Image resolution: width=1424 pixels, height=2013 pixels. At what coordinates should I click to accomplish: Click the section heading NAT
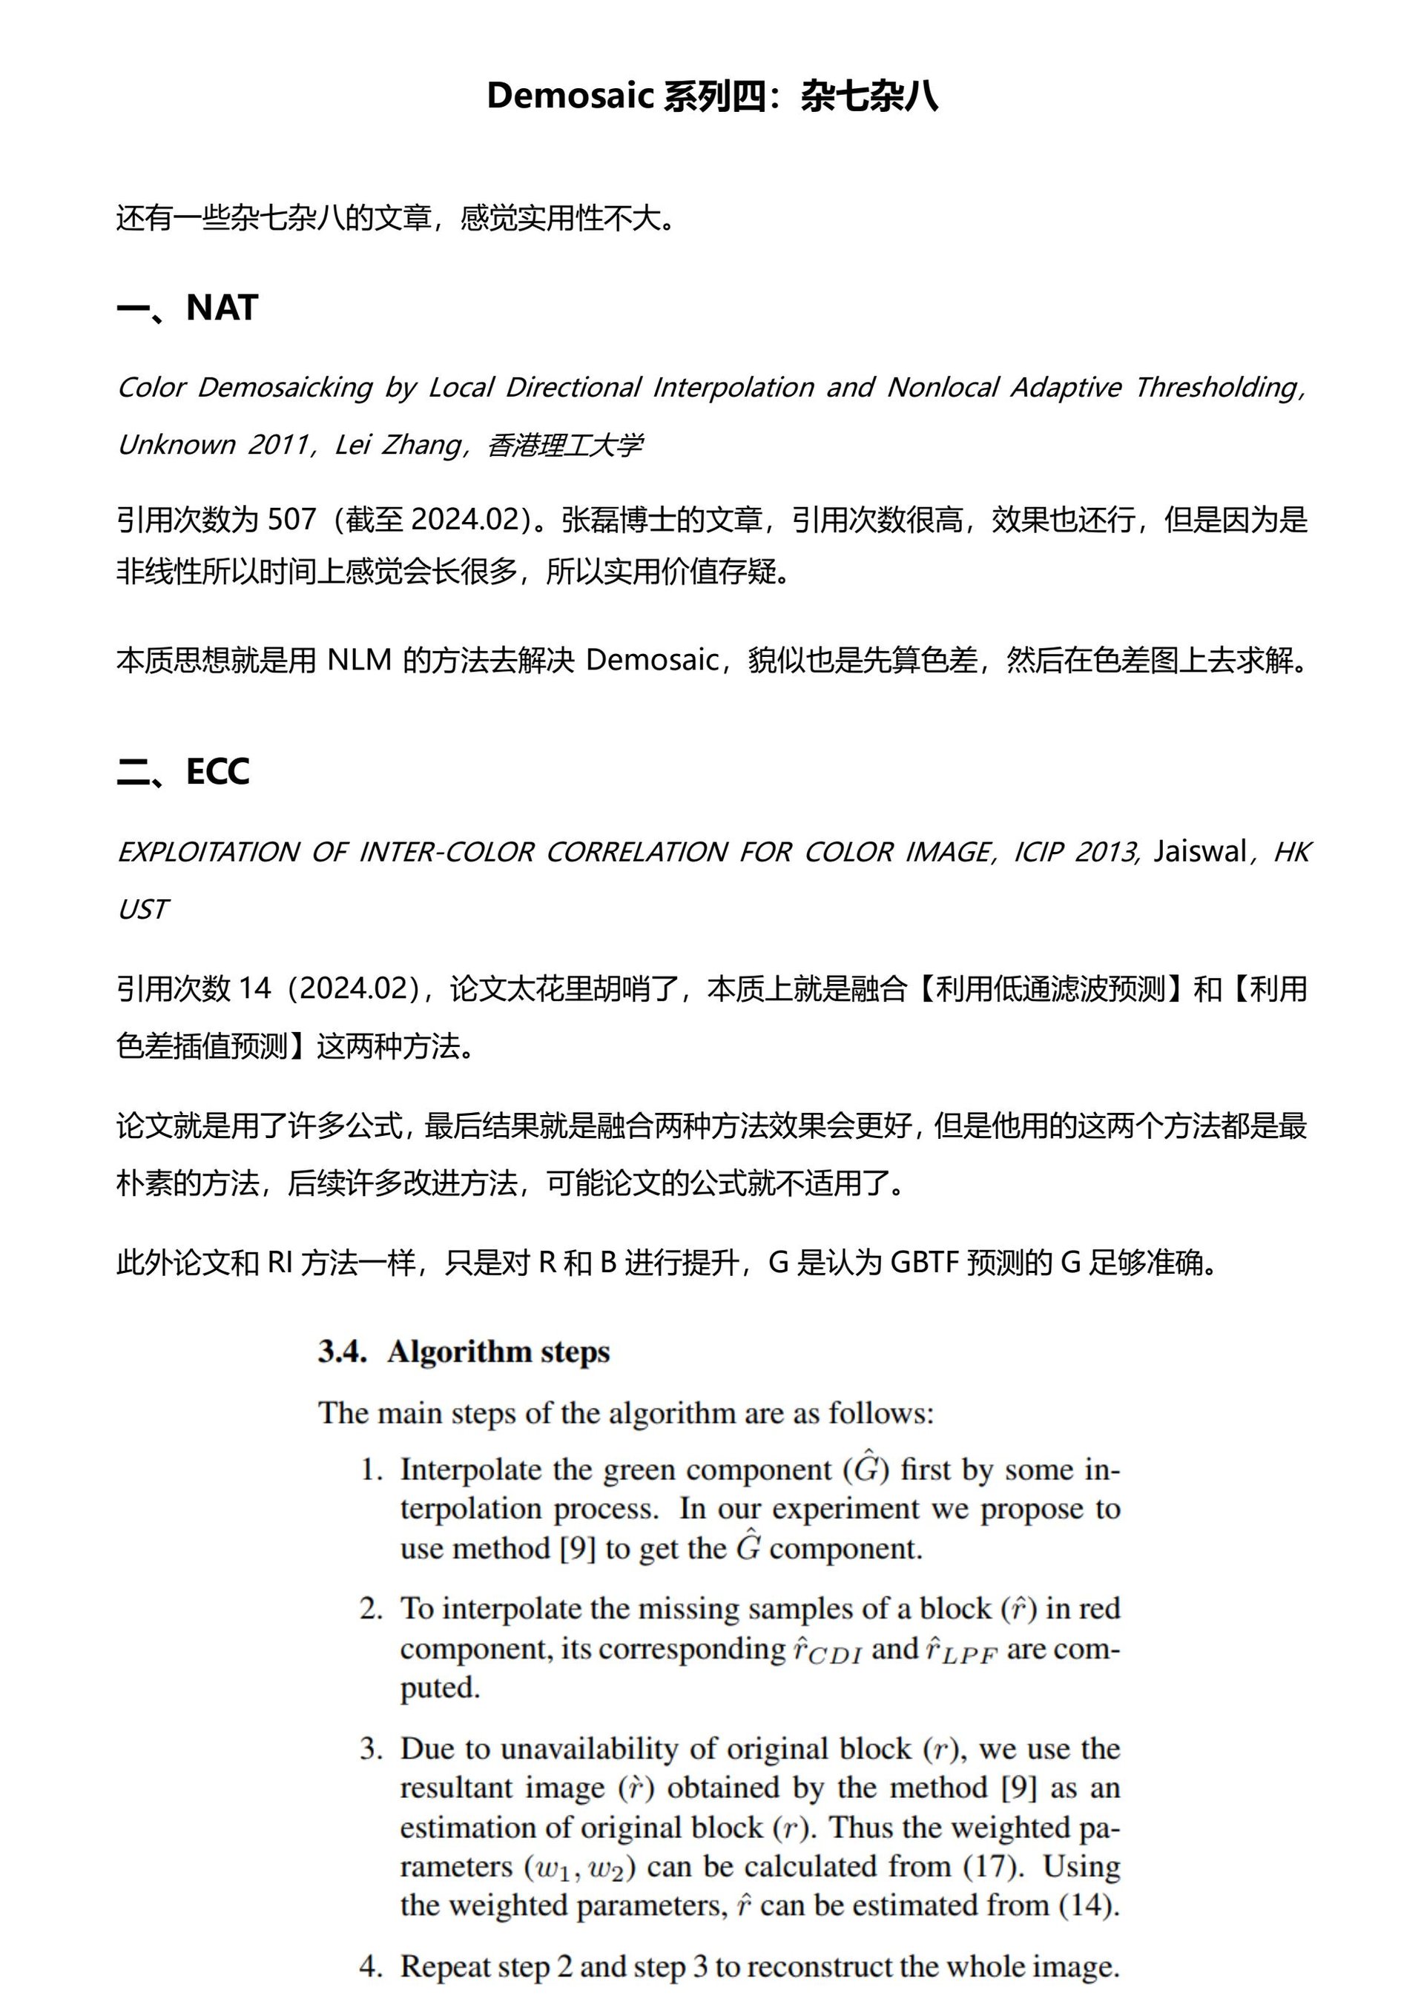point(222,308)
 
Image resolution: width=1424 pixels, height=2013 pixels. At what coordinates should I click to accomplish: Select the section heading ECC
point(217,772)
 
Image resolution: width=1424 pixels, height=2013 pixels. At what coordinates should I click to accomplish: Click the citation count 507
point(291,519)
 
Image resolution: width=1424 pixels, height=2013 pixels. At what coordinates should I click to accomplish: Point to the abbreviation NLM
point(359,659)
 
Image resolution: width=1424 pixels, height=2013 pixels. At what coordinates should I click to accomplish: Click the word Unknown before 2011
point(175,445)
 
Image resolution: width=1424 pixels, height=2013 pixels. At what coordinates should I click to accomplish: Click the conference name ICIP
point(1038,851)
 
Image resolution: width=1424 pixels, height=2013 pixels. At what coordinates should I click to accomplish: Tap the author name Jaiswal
point(1199,851)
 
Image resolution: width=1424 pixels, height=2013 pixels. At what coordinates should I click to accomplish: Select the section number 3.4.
point(342,1352)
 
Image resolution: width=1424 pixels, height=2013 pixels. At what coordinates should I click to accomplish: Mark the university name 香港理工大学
point(564,445)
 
